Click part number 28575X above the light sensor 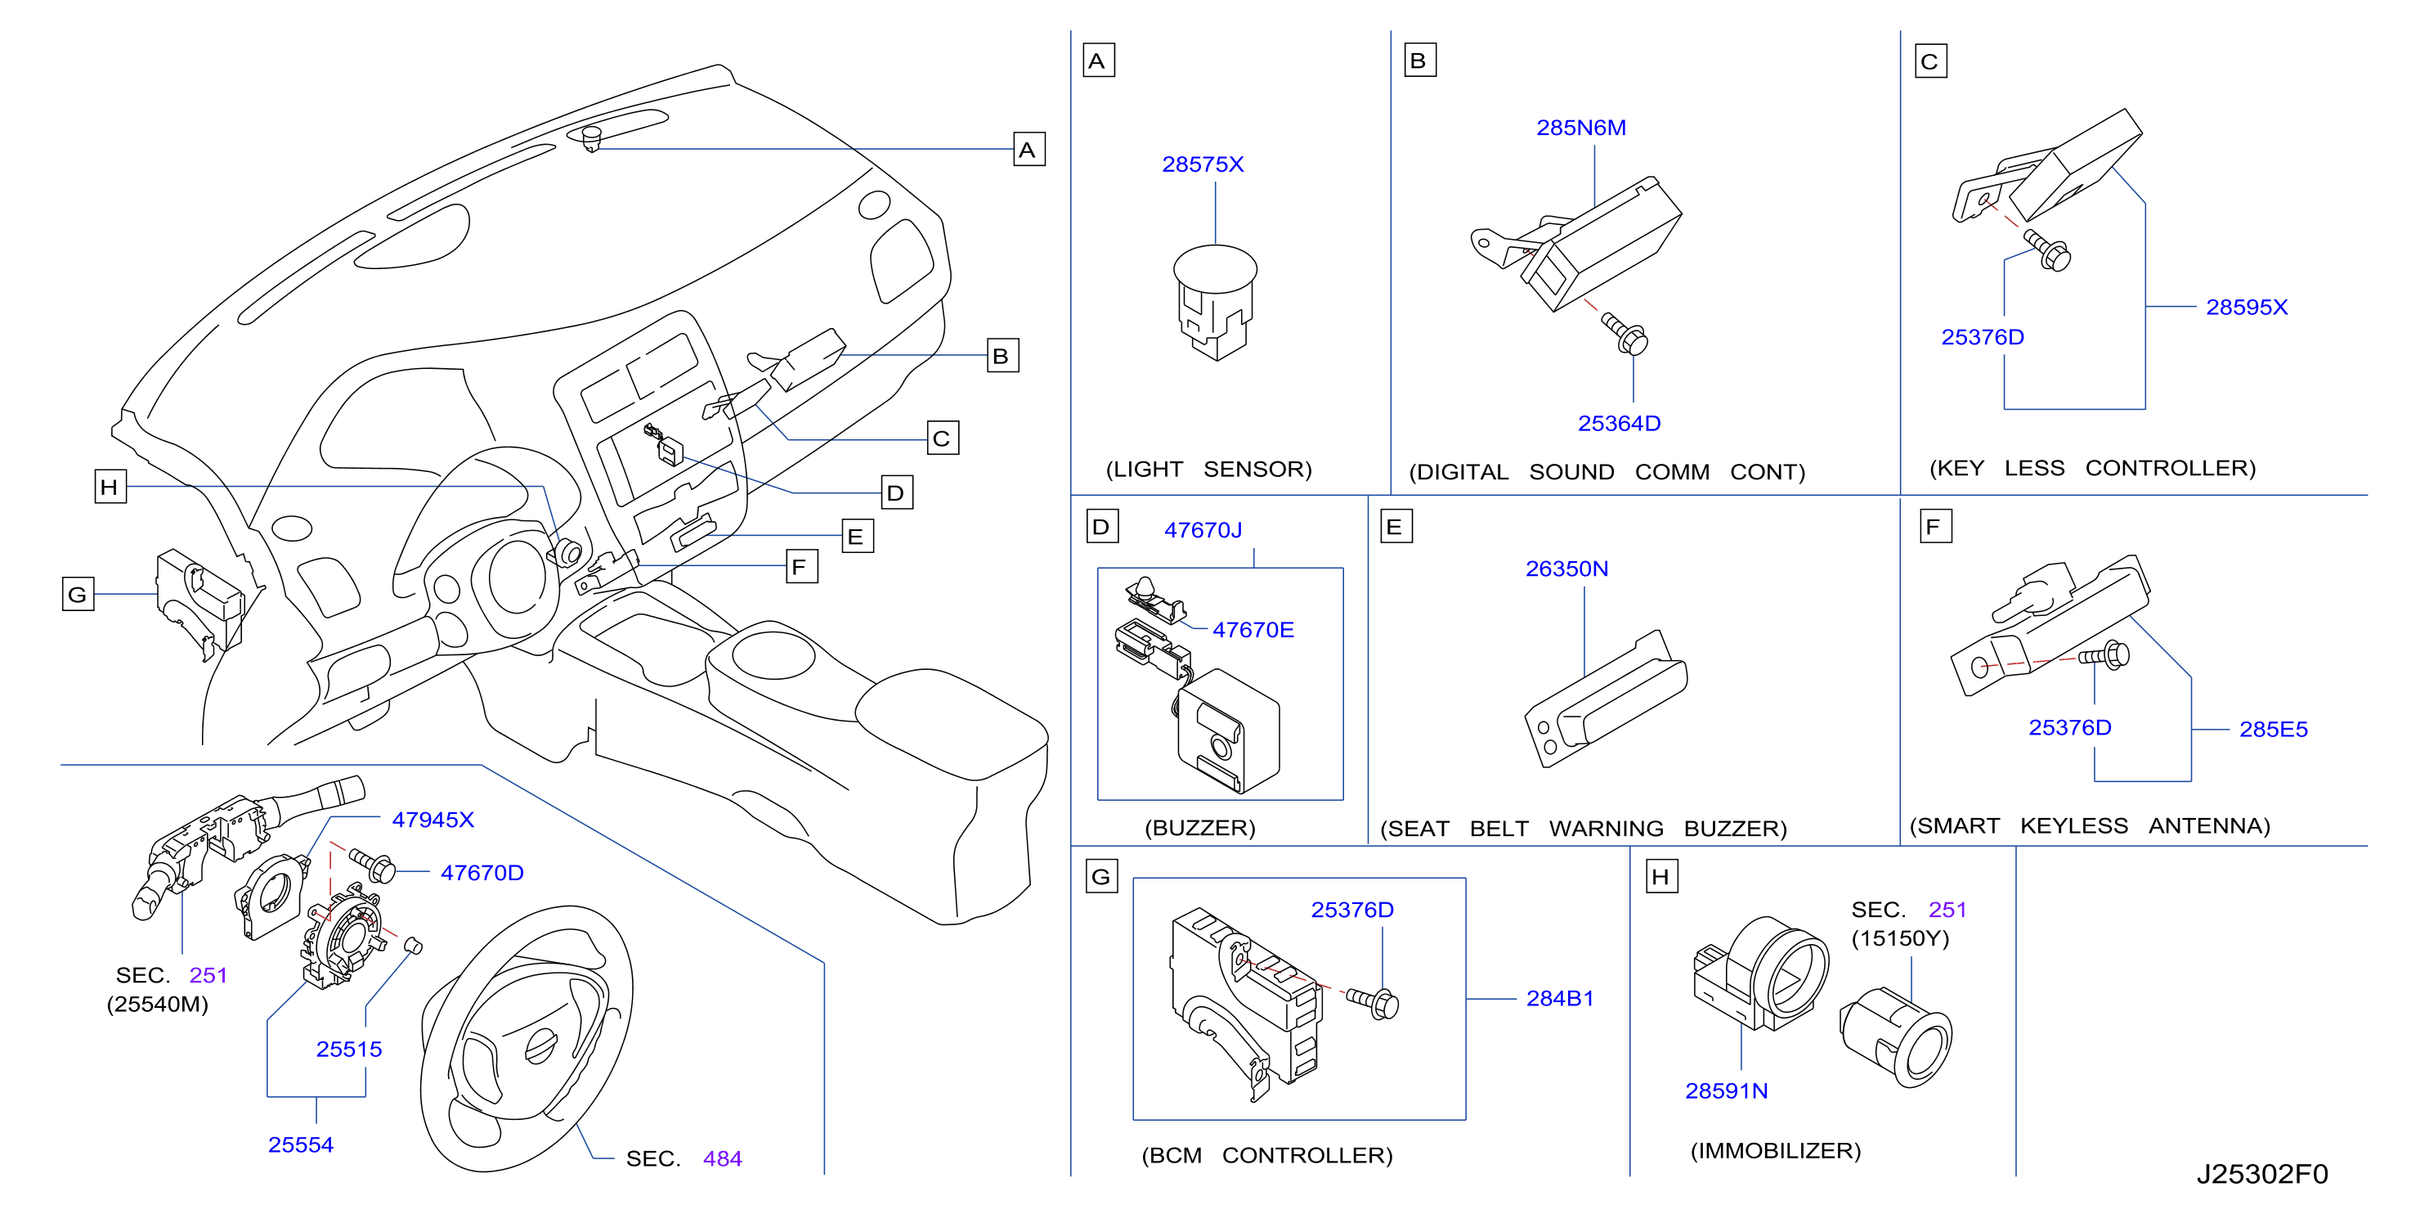(1203, 164)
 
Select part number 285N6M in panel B (1581, 128)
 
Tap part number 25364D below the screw (1619, 424)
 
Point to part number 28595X (2246, 307)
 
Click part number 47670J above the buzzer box (1203, 530)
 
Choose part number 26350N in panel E (1566, 569)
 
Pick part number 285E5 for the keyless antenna (2273, 729)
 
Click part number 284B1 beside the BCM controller (1560, 998)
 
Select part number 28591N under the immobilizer (1726, 1090)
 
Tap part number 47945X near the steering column (432, 820)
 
